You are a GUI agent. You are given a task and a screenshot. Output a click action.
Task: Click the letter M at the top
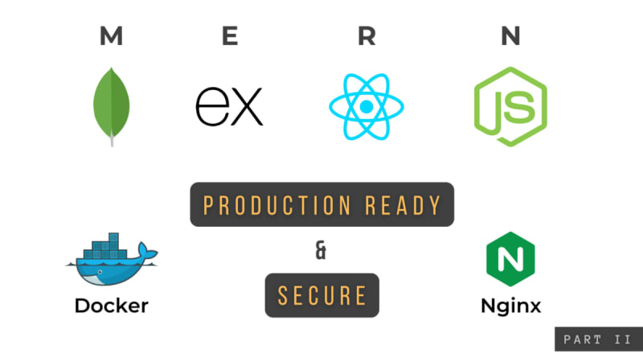click(111, 35)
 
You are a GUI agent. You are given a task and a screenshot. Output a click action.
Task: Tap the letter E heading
click(230, 35)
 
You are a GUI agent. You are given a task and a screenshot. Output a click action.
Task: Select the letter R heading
click(367, 35)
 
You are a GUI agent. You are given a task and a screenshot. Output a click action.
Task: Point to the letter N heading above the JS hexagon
click(510, 35)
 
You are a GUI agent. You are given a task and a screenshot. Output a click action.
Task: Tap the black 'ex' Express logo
click(229, 106)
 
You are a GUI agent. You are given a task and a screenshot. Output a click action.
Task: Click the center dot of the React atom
click(367, 107)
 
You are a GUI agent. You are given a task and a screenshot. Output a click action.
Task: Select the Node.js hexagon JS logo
click(510, 107)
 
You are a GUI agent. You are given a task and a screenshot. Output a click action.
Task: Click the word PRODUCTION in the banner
click(277, 205)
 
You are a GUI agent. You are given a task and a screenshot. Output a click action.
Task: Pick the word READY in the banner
click(403, 205)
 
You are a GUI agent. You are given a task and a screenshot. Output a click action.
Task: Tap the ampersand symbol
click(321, 250)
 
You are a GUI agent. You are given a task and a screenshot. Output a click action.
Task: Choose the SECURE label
click(322, 295)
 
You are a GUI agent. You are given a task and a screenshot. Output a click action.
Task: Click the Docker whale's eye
click(100, 272)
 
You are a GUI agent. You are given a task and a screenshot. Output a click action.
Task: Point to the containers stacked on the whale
click(105, 246)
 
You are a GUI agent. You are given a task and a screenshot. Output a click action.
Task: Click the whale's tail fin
click(146, 250)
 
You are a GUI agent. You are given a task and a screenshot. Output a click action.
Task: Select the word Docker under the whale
click(111, 306)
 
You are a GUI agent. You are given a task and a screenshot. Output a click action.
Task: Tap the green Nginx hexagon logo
click(510, 259)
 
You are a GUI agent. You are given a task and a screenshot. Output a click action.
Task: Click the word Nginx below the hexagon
click(510, 306)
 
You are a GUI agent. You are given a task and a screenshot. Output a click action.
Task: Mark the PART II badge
click(599, 339)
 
